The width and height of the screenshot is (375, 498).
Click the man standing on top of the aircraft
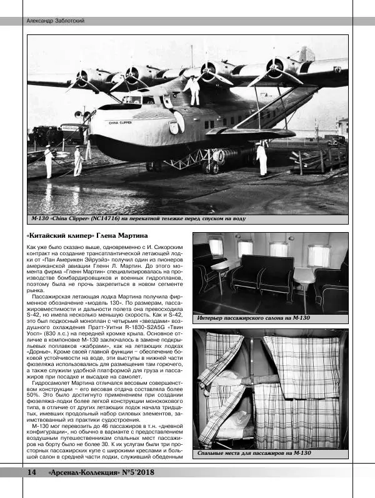pos(193,89)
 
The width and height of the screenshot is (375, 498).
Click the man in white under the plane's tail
pos(262,159)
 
